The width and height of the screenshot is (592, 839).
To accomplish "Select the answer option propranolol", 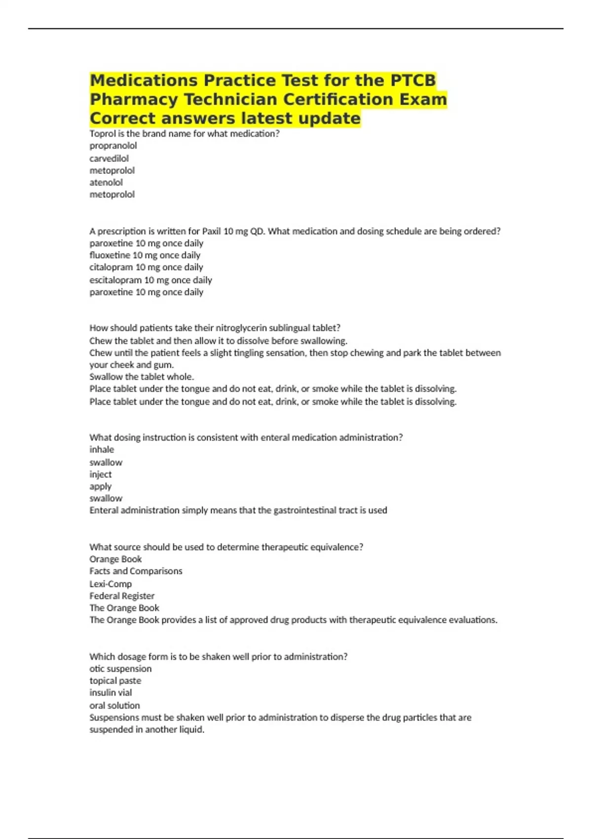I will coord(113,146).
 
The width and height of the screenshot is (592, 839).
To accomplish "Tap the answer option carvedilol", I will coord(109,158).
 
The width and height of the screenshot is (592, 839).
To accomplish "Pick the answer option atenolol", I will coord(106,182).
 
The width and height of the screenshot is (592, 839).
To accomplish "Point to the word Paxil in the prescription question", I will coord(212,231).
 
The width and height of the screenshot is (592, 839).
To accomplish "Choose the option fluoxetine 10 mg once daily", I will coord(145,255).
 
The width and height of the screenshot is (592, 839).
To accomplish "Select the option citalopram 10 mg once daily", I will coord(146,267).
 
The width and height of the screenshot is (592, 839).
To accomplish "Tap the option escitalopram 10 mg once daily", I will coord(150,280).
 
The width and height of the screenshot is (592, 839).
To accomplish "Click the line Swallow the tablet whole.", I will coord(142,377).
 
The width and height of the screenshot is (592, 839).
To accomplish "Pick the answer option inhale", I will coord(102,450).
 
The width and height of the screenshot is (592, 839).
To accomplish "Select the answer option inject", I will coord(101,474).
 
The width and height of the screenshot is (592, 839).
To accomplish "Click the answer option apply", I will coord(100,486).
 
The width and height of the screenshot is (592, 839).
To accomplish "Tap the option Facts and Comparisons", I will coord(136,571).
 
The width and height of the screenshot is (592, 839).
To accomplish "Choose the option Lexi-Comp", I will coord(111,584).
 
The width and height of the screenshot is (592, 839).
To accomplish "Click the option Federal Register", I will coord(122,596).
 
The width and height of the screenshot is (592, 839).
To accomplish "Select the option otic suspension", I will coord(120,669).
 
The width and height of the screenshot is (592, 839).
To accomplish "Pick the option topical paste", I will coord(115,681).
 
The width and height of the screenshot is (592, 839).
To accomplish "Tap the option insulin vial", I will coord(111,692).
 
